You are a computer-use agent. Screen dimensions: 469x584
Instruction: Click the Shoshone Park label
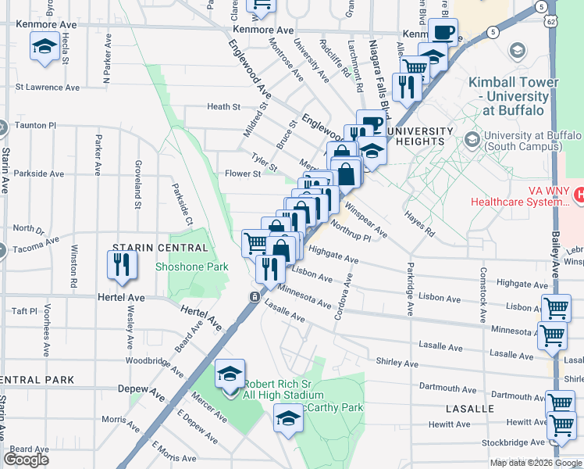(x=191, y=267)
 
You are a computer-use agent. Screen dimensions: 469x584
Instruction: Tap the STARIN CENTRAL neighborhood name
(x=162, y=248)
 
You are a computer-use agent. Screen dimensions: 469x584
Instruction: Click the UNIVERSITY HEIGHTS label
(x=418, y=136)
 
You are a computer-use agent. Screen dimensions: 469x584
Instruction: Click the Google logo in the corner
(x=26, y=460)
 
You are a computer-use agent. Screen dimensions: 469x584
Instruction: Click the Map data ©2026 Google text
(x=535, y=463)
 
